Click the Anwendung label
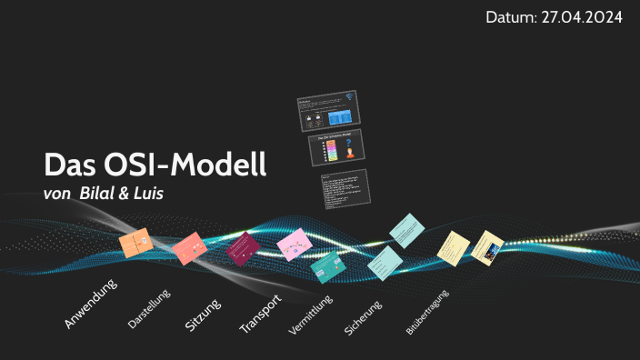pos(91,304)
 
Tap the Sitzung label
pos(203,311)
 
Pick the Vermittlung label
pos(311,316)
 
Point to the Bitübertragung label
pos(427,322)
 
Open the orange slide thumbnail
pos(134,244)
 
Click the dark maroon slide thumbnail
pos(242,248)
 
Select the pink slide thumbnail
pos(295,245)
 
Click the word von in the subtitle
pos(58,193)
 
